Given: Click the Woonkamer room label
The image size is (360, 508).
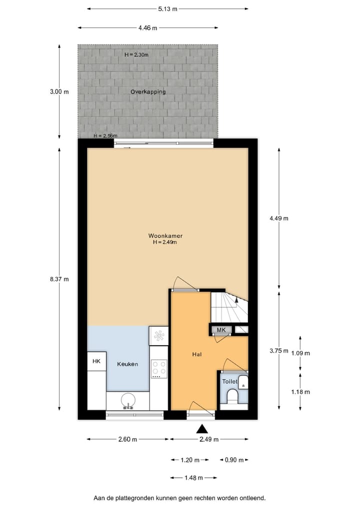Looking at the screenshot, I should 164,235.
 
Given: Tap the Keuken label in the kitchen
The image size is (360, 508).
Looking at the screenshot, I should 127,364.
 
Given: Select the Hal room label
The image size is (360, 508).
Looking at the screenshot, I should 196,354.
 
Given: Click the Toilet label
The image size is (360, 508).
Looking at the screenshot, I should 229,381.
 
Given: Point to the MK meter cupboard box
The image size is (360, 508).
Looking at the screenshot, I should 221,330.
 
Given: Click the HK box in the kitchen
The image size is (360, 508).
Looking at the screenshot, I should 96,361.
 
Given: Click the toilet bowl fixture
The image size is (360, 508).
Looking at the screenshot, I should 233,398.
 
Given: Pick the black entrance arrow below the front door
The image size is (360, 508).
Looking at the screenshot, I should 202,428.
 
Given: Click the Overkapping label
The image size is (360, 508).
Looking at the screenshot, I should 148,92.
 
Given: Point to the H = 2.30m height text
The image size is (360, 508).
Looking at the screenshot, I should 136,54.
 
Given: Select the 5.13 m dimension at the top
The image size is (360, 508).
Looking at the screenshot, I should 167,8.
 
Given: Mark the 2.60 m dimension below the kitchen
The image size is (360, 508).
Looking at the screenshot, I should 128,439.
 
